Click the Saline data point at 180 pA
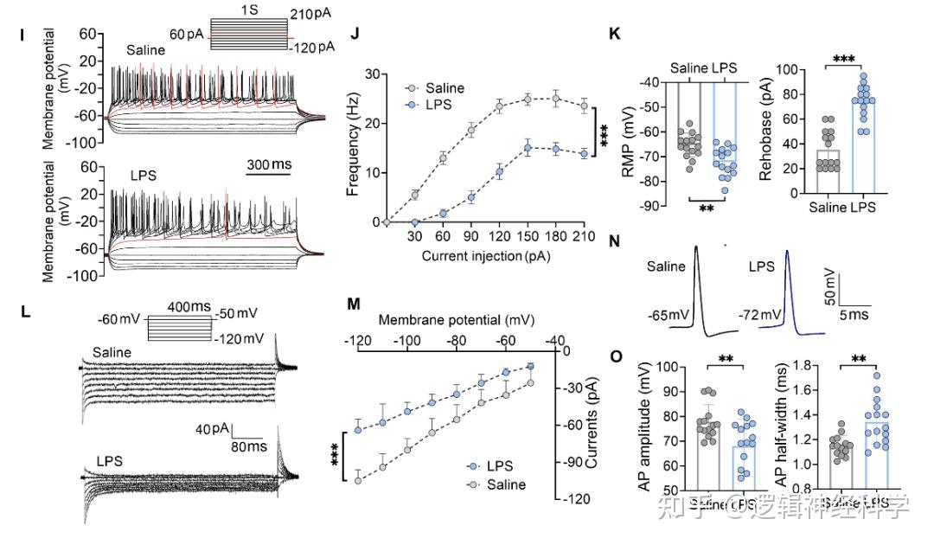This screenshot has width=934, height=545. click(x=556, y=98)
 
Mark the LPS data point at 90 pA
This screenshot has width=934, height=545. click(x=471, y=197)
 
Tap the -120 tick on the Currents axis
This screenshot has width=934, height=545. click(x=576, y=498)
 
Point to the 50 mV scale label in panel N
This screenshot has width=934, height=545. click(x=829, y=286)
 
